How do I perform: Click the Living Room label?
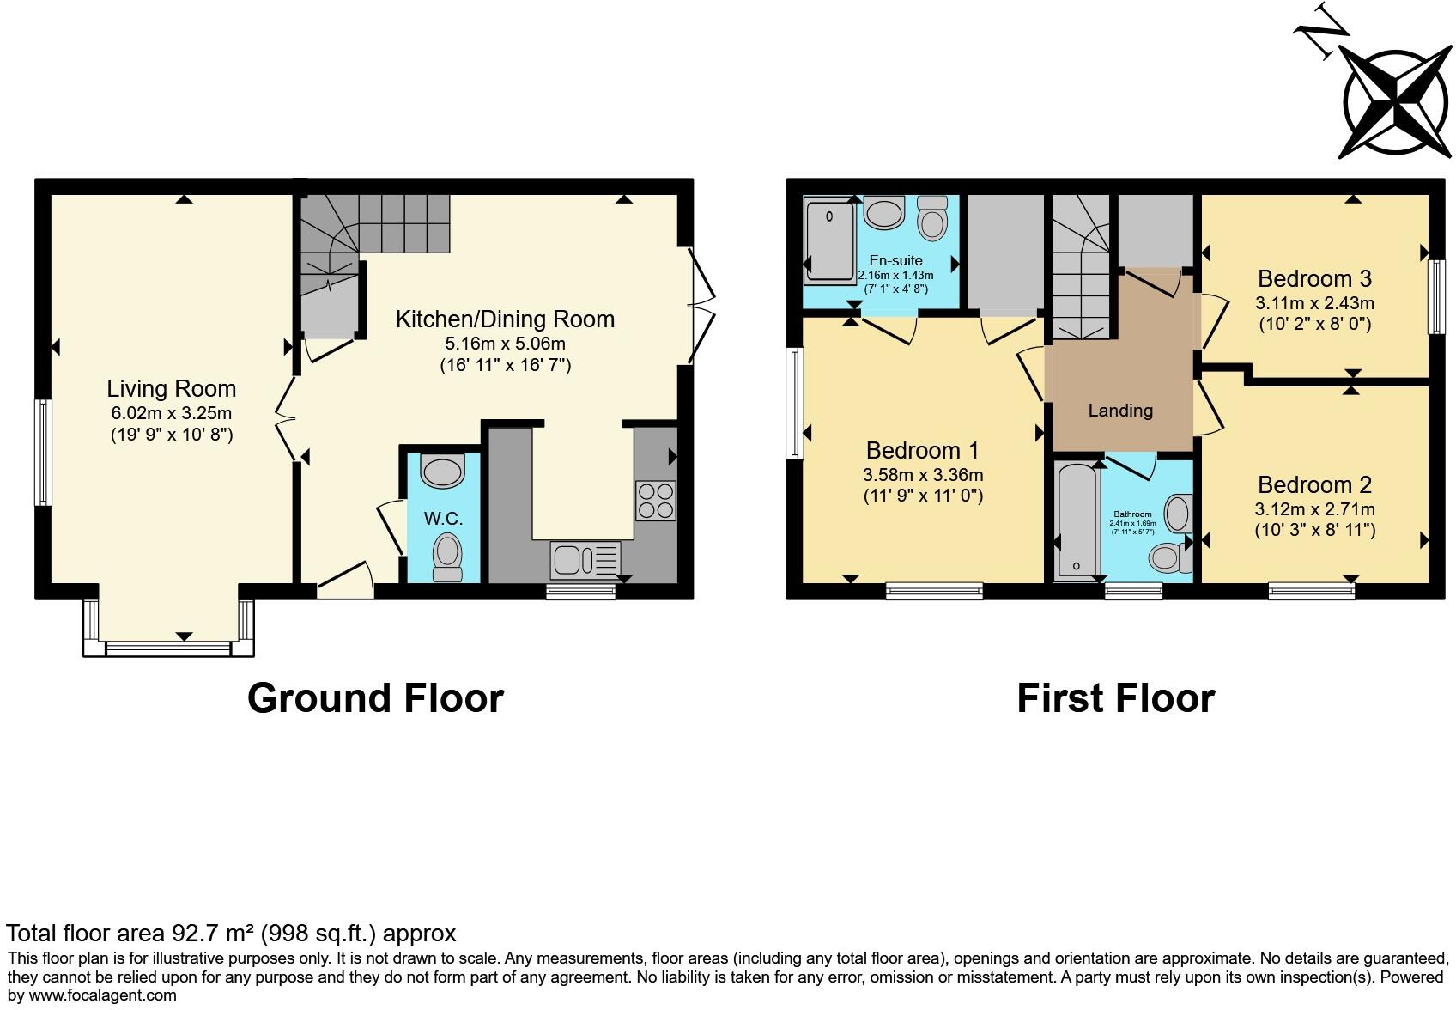pyautogui.click(x=171, y=388)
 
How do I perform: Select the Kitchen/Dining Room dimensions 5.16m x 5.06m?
pyautogui.click(x=504, y=344)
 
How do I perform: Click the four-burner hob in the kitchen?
pyautogui.click(x=655, y=501)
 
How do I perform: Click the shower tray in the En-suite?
pyautogui.click(x=828, y=240)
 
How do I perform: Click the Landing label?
pyautogui.click(x=1119, y=411)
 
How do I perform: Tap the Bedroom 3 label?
pyautogui.click(x=1313, y=278)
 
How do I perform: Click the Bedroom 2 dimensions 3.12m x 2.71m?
pyautogui.click(x=1313, y=508)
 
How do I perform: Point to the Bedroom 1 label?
pyautogui.click(x=922, y=450)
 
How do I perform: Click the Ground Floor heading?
pyautogui.click(x=375, y=697)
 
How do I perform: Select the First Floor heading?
pyautogui.click(x=1115, y=697)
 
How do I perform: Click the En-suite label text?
pyautogui.click(x=895, y=260)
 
